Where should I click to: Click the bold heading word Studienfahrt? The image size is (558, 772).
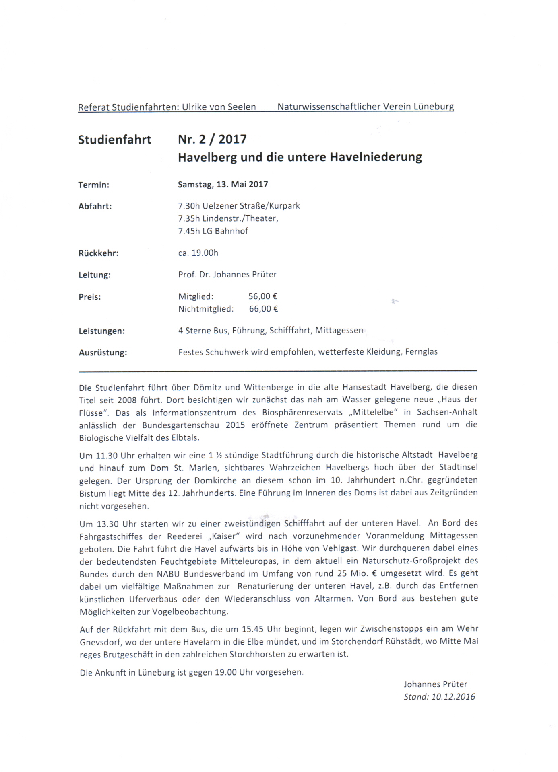[115, 140]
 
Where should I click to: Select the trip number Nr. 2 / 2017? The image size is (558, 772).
[212, 139]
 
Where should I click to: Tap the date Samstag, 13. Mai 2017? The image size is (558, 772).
[223, 185]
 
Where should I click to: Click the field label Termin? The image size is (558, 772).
[94, 185]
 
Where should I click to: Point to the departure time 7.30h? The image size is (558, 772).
[189, 206]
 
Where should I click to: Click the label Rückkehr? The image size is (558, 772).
[98, 253]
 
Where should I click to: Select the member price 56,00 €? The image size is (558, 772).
[263, 297]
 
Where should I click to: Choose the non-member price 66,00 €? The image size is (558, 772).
[264, 309]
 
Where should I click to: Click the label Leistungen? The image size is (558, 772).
[101, 331]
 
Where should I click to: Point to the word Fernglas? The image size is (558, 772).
[421, 352]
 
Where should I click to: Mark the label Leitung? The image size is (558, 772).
[95, 275]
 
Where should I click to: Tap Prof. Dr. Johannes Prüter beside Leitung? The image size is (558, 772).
[227, 275]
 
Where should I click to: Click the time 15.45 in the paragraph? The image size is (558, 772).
[253, 629]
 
